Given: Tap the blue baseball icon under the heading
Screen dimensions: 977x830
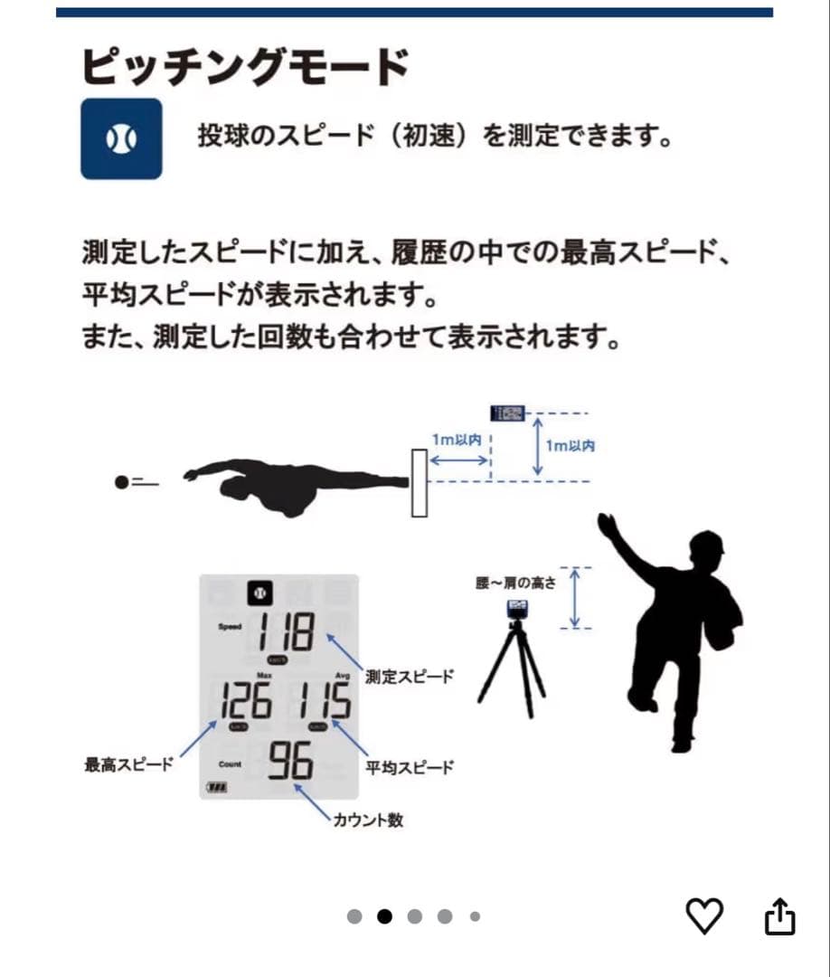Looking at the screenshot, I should [x=121, y=138].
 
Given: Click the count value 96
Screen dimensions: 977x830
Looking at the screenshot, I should [x=290, y=763].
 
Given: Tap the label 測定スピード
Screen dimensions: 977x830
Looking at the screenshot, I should [x=410, y=677].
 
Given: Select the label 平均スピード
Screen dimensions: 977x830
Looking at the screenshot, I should [x=410, y=767].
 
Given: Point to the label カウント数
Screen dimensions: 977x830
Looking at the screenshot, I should [x=367, y=820].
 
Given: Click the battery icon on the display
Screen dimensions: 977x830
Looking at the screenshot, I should [x=218, y=787].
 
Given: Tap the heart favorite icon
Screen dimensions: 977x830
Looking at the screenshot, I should [x=704, y=916].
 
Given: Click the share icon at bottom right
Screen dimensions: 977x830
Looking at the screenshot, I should [x=779, y=916].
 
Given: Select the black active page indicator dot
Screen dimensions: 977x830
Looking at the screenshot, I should [x=384, y=916].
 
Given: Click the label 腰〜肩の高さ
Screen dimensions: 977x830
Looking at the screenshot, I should [x=515, y=583].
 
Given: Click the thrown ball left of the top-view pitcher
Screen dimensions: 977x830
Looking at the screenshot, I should [x=122, y=482].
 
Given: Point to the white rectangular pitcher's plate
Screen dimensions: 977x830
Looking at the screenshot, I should [x=419, y=483].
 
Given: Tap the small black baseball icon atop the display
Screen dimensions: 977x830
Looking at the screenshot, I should [x=260, y=593].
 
